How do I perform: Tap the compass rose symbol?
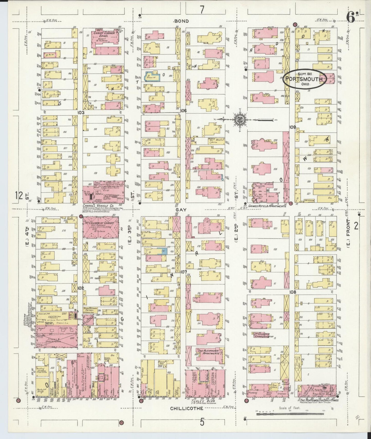(x=240, y=120)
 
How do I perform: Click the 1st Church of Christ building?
(x=101, y=227)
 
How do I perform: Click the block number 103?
(x=82, y=112)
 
